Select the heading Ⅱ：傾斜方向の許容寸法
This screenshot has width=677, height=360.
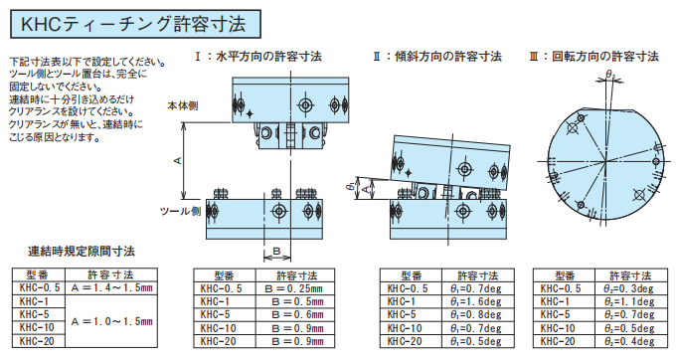click(436, 57)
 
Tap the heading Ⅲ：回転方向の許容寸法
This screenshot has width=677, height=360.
click(593, 57)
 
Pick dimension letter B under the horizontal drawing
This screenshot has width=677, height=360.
click(278, 248)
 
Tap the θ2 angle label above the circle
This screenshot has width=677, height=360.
click(611, 75)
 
